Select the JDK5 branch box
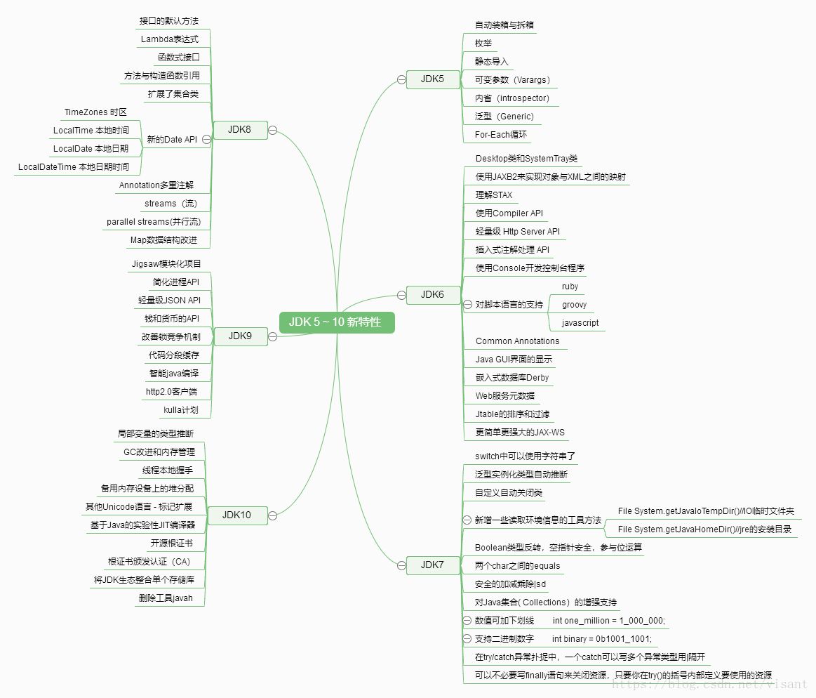point(432,79)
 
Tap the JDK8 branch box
point(239,129)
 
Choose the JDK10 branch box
point(236,515)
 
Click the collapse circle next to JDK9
point(272,336)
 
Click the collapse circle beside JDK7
point(401,565)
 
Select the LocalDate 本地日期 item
point(91,149)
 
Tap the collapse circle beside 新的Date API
point(206,139)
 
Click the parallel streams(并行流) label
point(154,222)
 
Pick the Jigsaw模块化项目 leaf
point(166,264)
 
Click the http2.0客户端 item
point(171,392)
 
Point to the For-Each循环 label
point(500,135)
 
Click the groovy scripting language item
point(574,305)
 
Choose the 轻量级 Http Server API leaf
point(517,232)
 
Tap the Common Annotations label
point(517,341)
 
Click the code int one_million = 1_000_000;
point(608,621)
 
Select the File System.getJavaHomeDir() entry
point(704,529)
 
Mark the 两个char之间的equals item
point(517,566)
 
